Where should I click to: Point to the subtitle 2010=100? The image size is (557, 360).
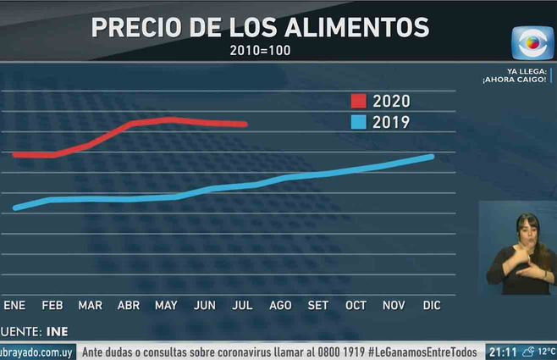[261, 50]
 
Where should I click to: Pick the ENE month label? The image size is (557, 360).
[14, 305]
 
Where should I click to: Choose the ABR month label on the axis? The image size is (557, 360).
[128, 305]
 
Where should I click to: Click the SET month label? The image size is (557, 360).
[318, 305]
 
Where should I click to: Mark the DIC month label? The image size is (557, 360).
[432, 305]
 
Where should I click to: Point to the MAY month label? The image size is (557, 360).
[167, 305]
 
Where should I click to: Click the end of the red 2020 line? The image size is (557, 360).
[245, 124]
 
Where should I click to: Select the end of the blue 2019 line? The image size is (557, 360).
[433, 156]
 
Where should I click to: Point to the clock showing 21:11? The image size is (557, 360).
[502, 352]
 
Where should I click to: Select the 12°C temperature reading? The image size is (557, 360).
[547, 352]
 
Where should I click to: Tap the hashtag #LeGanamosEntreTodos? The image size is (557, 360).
[423, 352]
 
